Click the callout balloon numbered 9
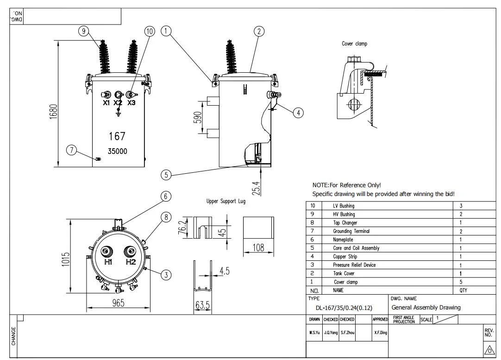tap(84, 31)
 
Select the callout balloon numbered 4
tap(298, 113)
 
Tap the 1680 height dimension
tap(53, 112)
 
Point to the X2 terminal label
tap(118, 103)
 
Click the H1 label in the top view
tap(108, 262)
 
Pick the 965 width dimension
tap(118, 303)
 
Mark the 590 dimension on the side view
tap(198, 117)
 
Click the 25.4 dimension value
tap(256, 188)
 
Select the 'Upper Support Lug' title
tap(226, 201)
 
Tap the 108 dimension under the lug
tap(258, 247)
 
